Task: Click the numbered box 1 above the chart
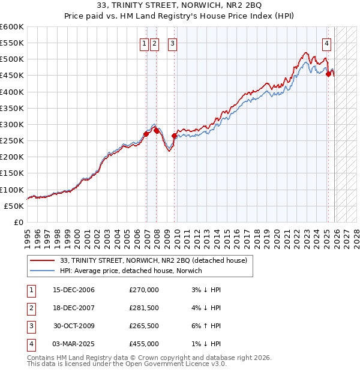pyautogui.click(x=145, y=43)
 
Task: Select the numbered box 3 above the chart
pyautogui.click(x=172, y=43)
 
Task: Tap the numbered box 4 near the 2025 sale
pyautogui.click(x=326, y=43)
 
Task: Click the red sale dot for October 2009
pyautogui.click(x=175, y=136)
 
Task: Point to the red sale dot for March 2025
pyautogui.click(x=328, y=74)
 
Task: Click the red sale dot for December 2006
pyautogui.click(x=146, y=134)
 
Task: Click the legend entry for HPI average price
pyautogui.click(x=131, y=271)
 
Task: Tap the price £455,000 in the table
pyautogui.click(x=144, y=344)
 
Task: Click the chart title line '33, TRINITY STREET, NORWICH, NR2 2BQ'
pyautogui.click(x=180, y=7)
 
